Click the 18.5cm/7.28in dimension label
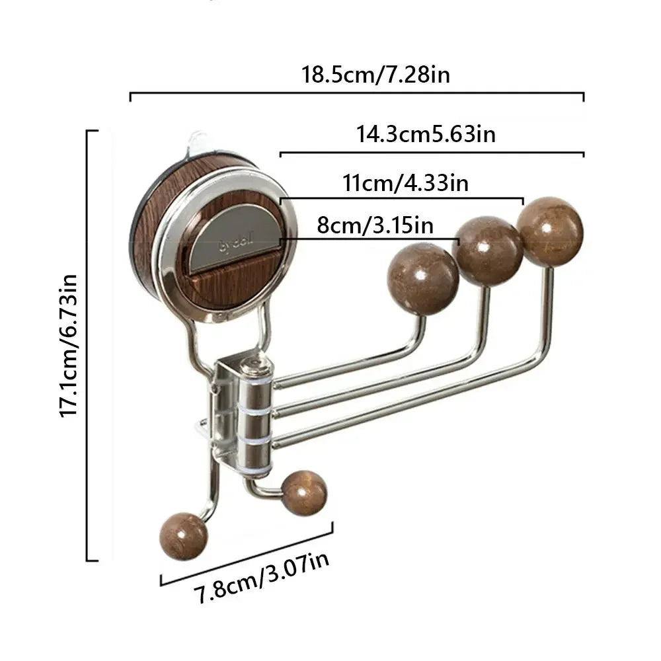[376, 75]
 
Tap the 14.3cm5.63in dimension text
[426, 134]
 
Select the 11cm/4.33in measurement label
[405, 182]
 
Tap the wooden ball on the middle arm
[488, 251]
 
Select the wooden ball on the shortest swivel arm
[423, 278]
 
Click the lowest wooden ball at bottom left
[183, 536]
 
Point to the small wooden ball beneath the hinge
[303, 493]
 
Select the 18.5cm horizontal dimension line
[357, 94]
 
